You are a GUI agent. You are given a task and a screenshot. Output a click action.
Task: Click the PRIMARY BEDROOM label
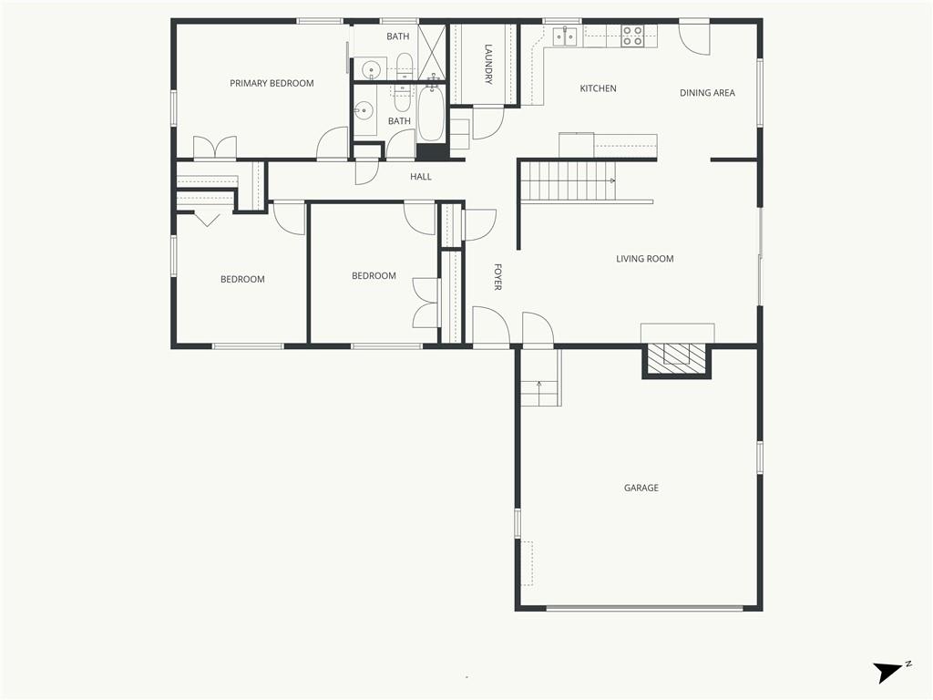[272, 83]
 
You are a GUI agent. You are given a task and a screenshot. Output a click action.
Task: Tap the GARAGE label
[641, 489]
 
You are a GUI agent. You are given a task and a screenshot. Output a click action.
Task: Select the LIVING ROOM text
[644, 259]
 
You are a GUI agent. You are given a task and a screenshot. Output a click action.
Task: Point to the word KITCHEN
[598, 88]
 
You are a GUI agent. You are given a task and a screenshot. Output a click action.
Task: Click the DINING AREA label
[707, 93]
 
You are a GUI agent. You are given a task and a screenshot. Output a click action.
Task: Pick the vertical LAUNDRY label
[488, 65]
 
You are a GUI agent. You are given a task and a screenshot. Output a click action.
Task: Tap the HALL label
[421, 177]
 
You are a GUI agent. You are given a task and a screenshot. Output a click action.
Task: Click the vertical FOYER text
[498, 277]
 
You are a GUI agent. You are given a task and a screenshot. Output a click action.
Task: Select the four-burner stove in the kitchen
[632, 36]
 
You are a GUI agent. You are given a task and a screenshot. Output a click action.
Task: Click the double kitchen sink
[565, 36]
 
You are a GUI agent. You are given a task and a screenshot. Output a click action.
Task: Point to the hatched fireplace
[677, 360]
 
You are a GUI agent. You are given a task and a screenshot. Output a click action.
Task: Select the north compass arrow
[887, 673]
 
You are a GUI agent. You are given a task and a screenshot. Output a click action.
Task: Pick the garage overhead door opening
[645, 608]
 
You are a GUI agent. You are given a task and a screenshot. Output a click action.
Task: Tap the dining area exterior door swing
[694, 36]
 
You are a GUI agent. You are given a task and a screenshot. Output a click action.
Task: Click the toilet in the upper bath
[404, 66]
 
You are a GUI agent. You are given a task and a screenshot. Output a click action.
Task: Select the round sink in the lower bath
[363, 110]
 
